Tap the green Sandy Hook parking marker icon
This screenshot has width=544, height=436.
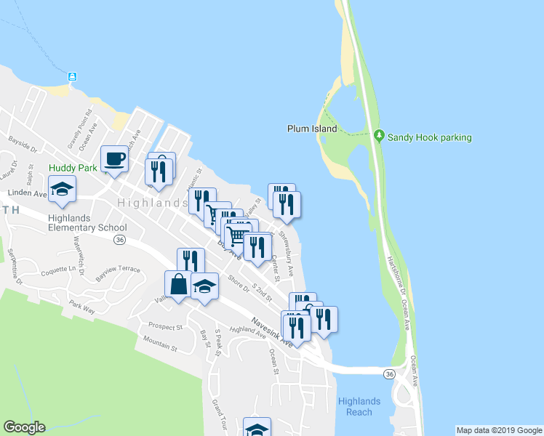click(378, 136)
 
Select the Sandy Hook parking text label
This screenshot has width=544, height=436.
click(429, 137)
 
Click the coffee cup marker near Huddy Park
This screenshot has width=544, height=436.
click(114, 158)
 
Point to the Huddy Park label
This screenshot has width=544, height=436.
click(73, 168)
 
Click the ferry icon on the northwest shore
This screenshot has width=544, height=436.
click(73, 76)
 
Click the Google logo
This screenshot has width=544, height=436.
click(24, 427)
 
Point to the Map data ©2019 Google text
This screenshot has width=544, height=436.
click(498, 430)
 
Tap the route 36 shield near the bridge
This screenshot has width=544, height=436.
click(390, 374)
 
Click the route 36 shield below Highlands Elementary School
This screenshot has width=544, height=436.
click(121, 239)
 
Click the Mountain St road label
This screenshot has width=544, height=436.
click(161, 343)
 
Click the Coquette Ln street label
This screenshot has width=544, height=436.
click(59, 270)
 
